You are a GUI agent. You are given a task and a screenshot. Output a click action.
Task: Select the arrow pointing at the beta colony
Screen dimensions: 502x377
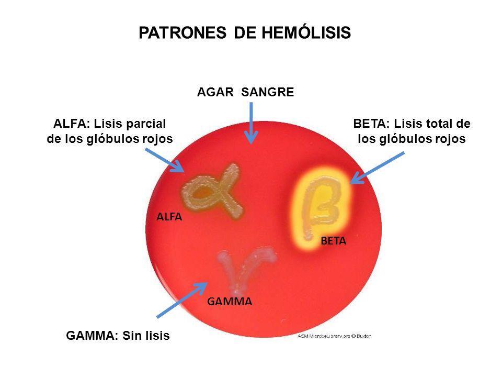376,168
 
